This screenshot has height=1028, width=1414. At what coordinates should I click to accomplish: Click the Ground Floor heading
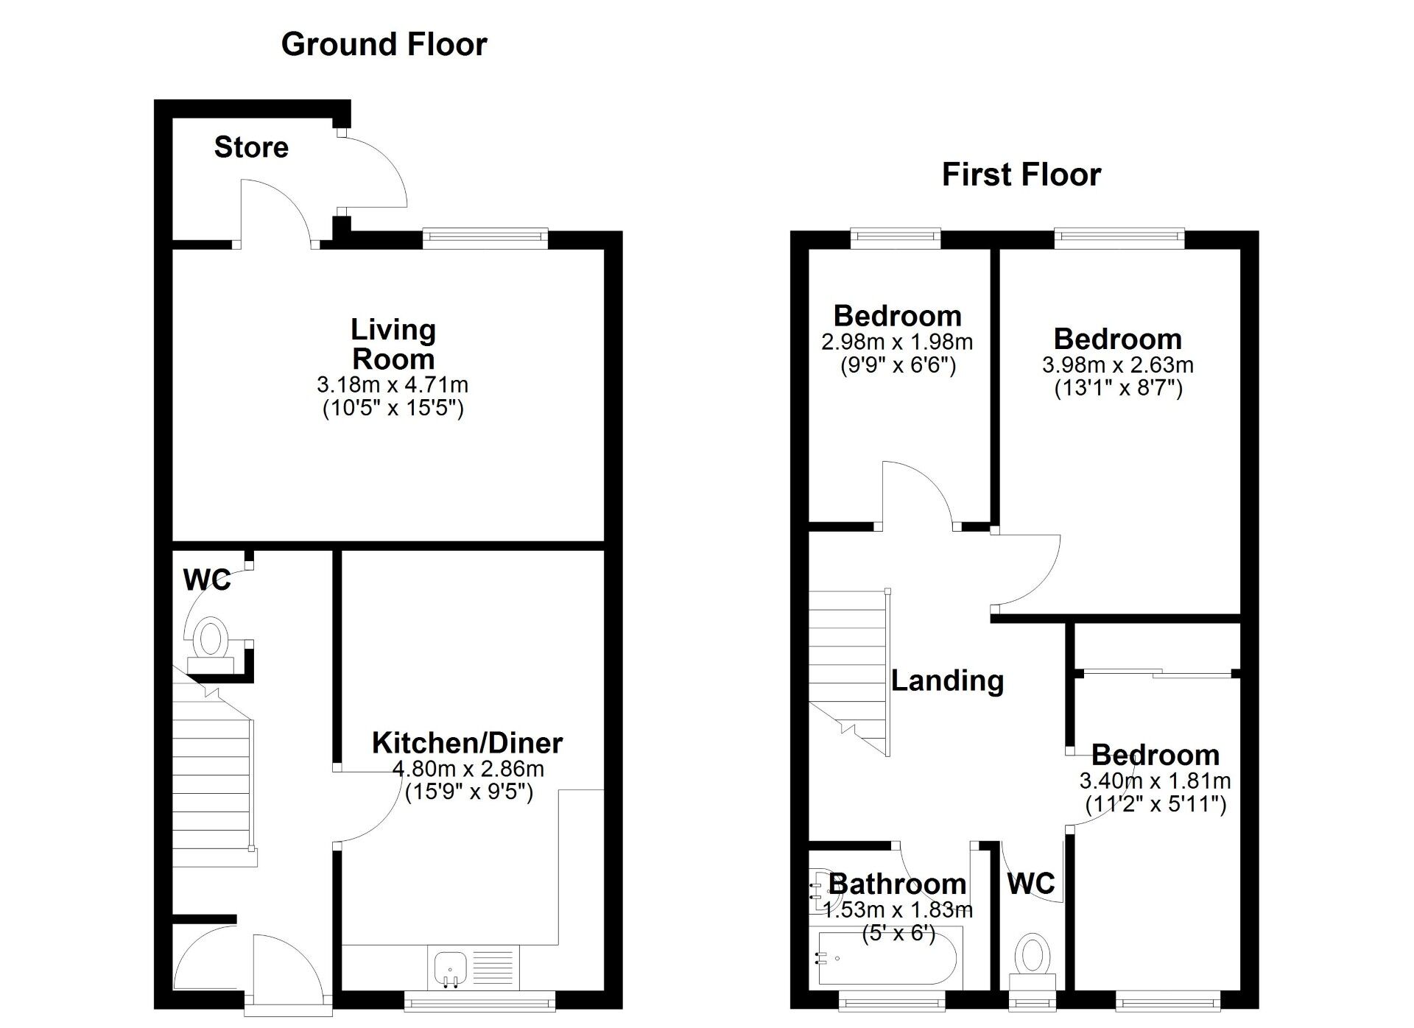pyautogui.click(x=384, y=44)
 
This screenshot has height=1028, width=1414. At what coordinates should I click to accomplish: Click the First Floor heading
pyautogui.click(x=1021, y=175)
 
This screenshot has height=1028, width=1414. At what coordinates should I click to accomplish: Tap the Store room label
pyautogui.click(x=251, y=147)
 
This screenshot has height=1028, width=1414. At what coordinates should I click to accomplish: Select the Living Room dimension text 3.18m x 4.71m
pyautogui.click(x=393, y=384)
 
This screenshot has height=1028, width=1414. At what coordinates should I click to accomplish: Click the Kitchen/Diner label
pyautogui.click(x=467, y=742)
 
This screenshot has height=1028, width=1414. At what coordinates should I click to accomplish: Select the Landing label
pyautogui.click(x=947, y=680)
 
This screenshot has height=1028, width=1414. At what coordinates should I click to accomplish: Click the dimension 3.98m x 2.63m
pyautogui.click(x=1117, y=365)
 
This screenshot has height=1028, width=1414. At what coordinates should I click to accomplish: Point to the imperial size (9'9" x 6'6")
pyautogui.click(x=898, y=365)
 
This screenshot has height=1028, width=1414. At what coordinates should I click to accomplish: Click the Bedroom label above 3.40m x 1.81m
pyautogui.click(x=1155, y=755)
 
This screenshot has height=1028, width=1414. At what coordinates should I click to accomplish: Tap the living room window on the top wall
pyautogui.click(x=485, y=236)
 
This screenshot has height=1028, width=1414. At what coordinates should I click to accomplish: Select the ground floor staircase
pyautogui.click(x=214, y=781)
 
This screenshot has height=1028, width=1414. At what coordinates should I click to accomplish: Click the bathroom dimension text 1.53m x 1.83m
pyautogui.click(x=898, y=909)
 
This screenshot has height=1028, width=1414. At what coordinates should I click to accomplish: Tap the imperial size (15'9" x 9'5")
pyautogui.click(x=468, y=792)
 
